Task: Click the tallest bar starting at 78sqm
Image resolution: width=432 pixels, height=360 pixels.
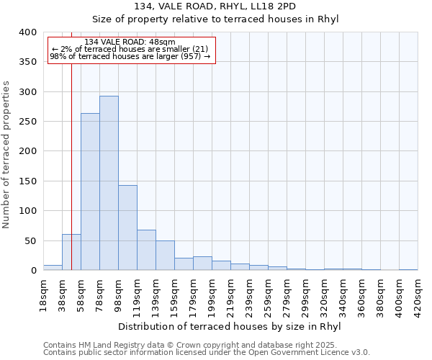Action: tap(109, 183)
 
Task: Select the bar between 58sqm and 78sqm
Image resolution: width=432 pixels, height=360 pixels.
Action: tap(90, 192)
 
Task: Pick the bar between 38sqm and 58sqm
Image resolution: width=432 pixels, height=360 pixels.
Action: tap(71, 252)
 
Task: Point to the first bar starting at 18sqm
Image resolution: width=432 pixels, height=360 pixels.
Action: tap(53, 267)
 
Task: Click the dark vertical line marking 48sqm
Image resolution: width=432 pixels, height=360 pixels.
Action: tap(72, 144)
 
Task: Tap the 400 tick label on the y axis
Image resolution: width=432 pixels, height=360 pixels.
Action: tap(27, 32)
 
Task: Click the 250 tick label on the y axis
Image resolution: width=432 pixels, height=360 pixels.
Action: tap(27, 122)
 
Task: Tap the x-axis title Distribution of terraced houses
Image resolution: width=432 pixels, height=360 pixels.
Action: tap(229, 327)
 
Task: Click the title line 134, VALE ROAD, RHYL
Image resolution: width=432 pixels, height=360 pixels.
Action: tap(215, 6)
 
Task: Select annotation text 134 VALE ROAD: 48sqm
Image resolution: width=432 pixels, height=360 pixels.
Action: tap(130, 42)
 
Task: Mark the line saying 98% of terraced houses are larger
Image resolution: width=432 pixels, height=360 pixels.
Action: tap(130, 56)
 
